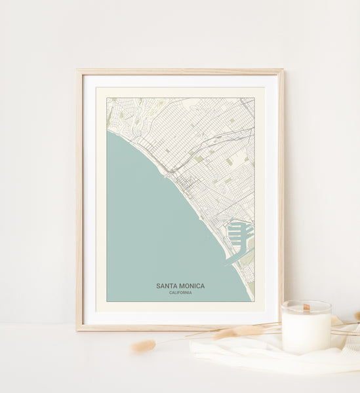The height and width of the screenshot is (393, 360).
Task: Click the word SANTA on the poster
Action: (x=167, y=286)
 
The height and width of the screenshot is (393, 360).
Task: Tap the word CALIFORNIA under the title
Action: (x=180, y=292)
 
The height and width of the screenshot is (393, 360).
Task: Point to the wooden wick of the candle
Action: (x=306, y=307)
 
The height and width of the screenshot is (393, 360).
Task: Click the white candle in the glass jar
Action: (x=306, y=331)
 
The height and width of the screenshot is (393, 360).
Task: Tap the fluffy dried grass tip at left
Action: (x=142, y=346)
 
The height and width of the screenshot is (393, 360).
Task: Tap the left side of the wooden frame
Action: (x=79, y=196)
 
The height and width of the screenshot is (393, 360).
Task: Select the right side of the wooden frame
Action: (x=281, y=196)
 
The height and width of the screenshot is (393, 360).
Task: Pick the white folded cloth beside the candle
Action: (x=262, y=354)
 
